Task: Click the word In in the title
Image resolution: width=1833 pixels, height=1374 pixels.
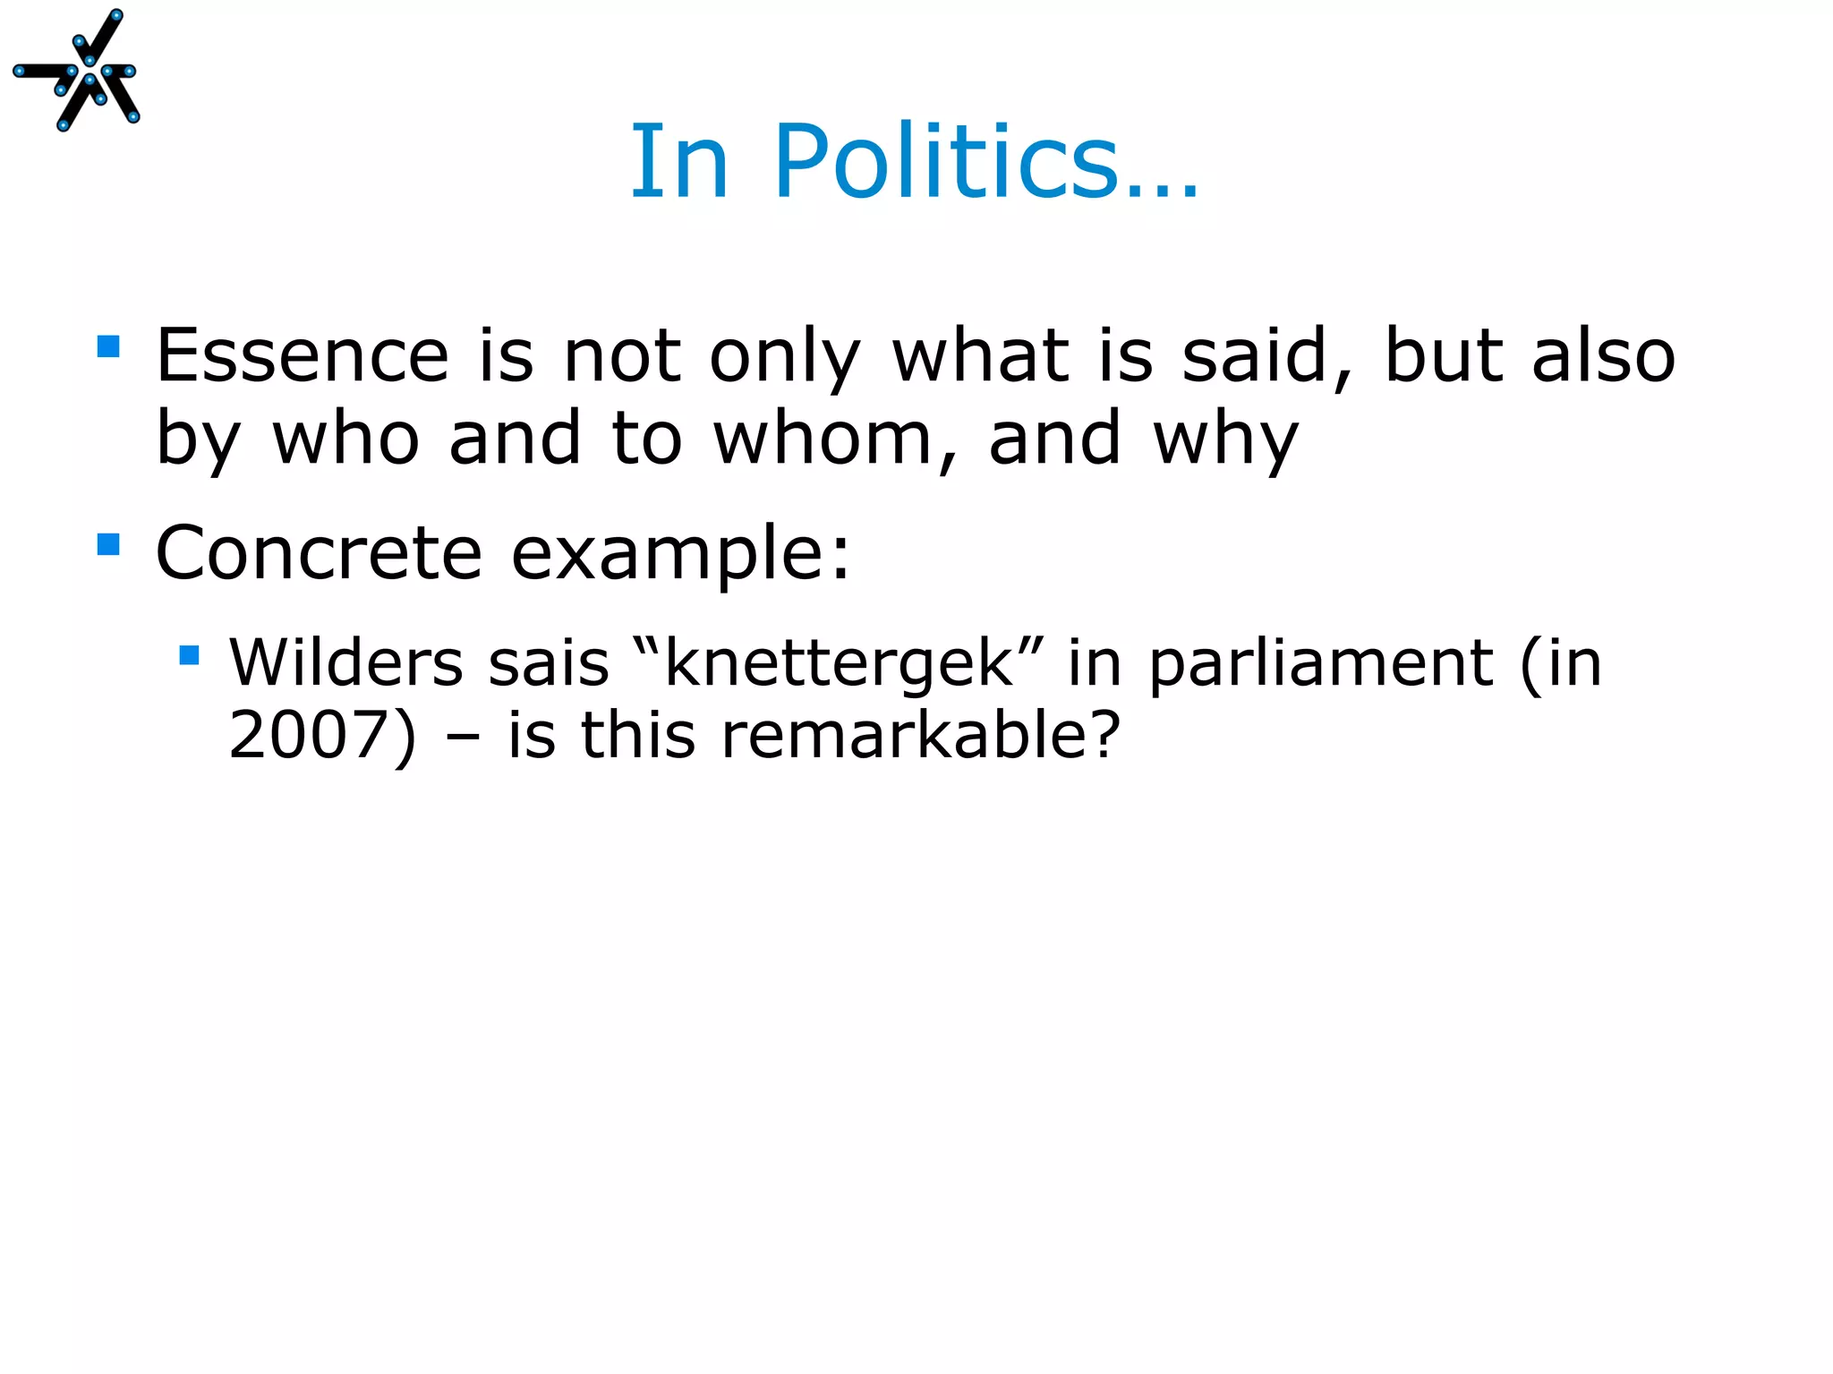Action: click(680, 163)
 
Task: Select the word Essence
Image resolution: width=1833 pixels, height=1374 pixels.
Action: click(303, 356)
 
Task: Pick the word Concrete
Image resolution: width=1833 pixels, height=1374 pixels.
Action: click(319, 553)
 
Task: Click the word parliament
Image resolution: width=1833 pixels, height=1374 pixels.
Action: click(1321, 664)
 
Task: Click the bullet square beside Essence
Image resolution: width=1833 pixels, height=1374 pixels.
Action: click(108, 346)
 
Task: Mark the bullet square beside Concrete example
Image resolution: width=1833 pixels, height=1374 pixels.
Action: click(108, 544)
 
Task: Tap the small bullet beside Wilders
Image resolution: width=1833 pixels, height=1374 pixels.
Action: click(189, 656)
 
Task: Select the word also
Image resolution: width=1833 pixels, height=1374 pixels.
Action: click(1602, 356)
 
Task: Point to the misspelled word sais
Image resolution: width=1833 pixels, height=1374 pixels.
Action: click(549, 664)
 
